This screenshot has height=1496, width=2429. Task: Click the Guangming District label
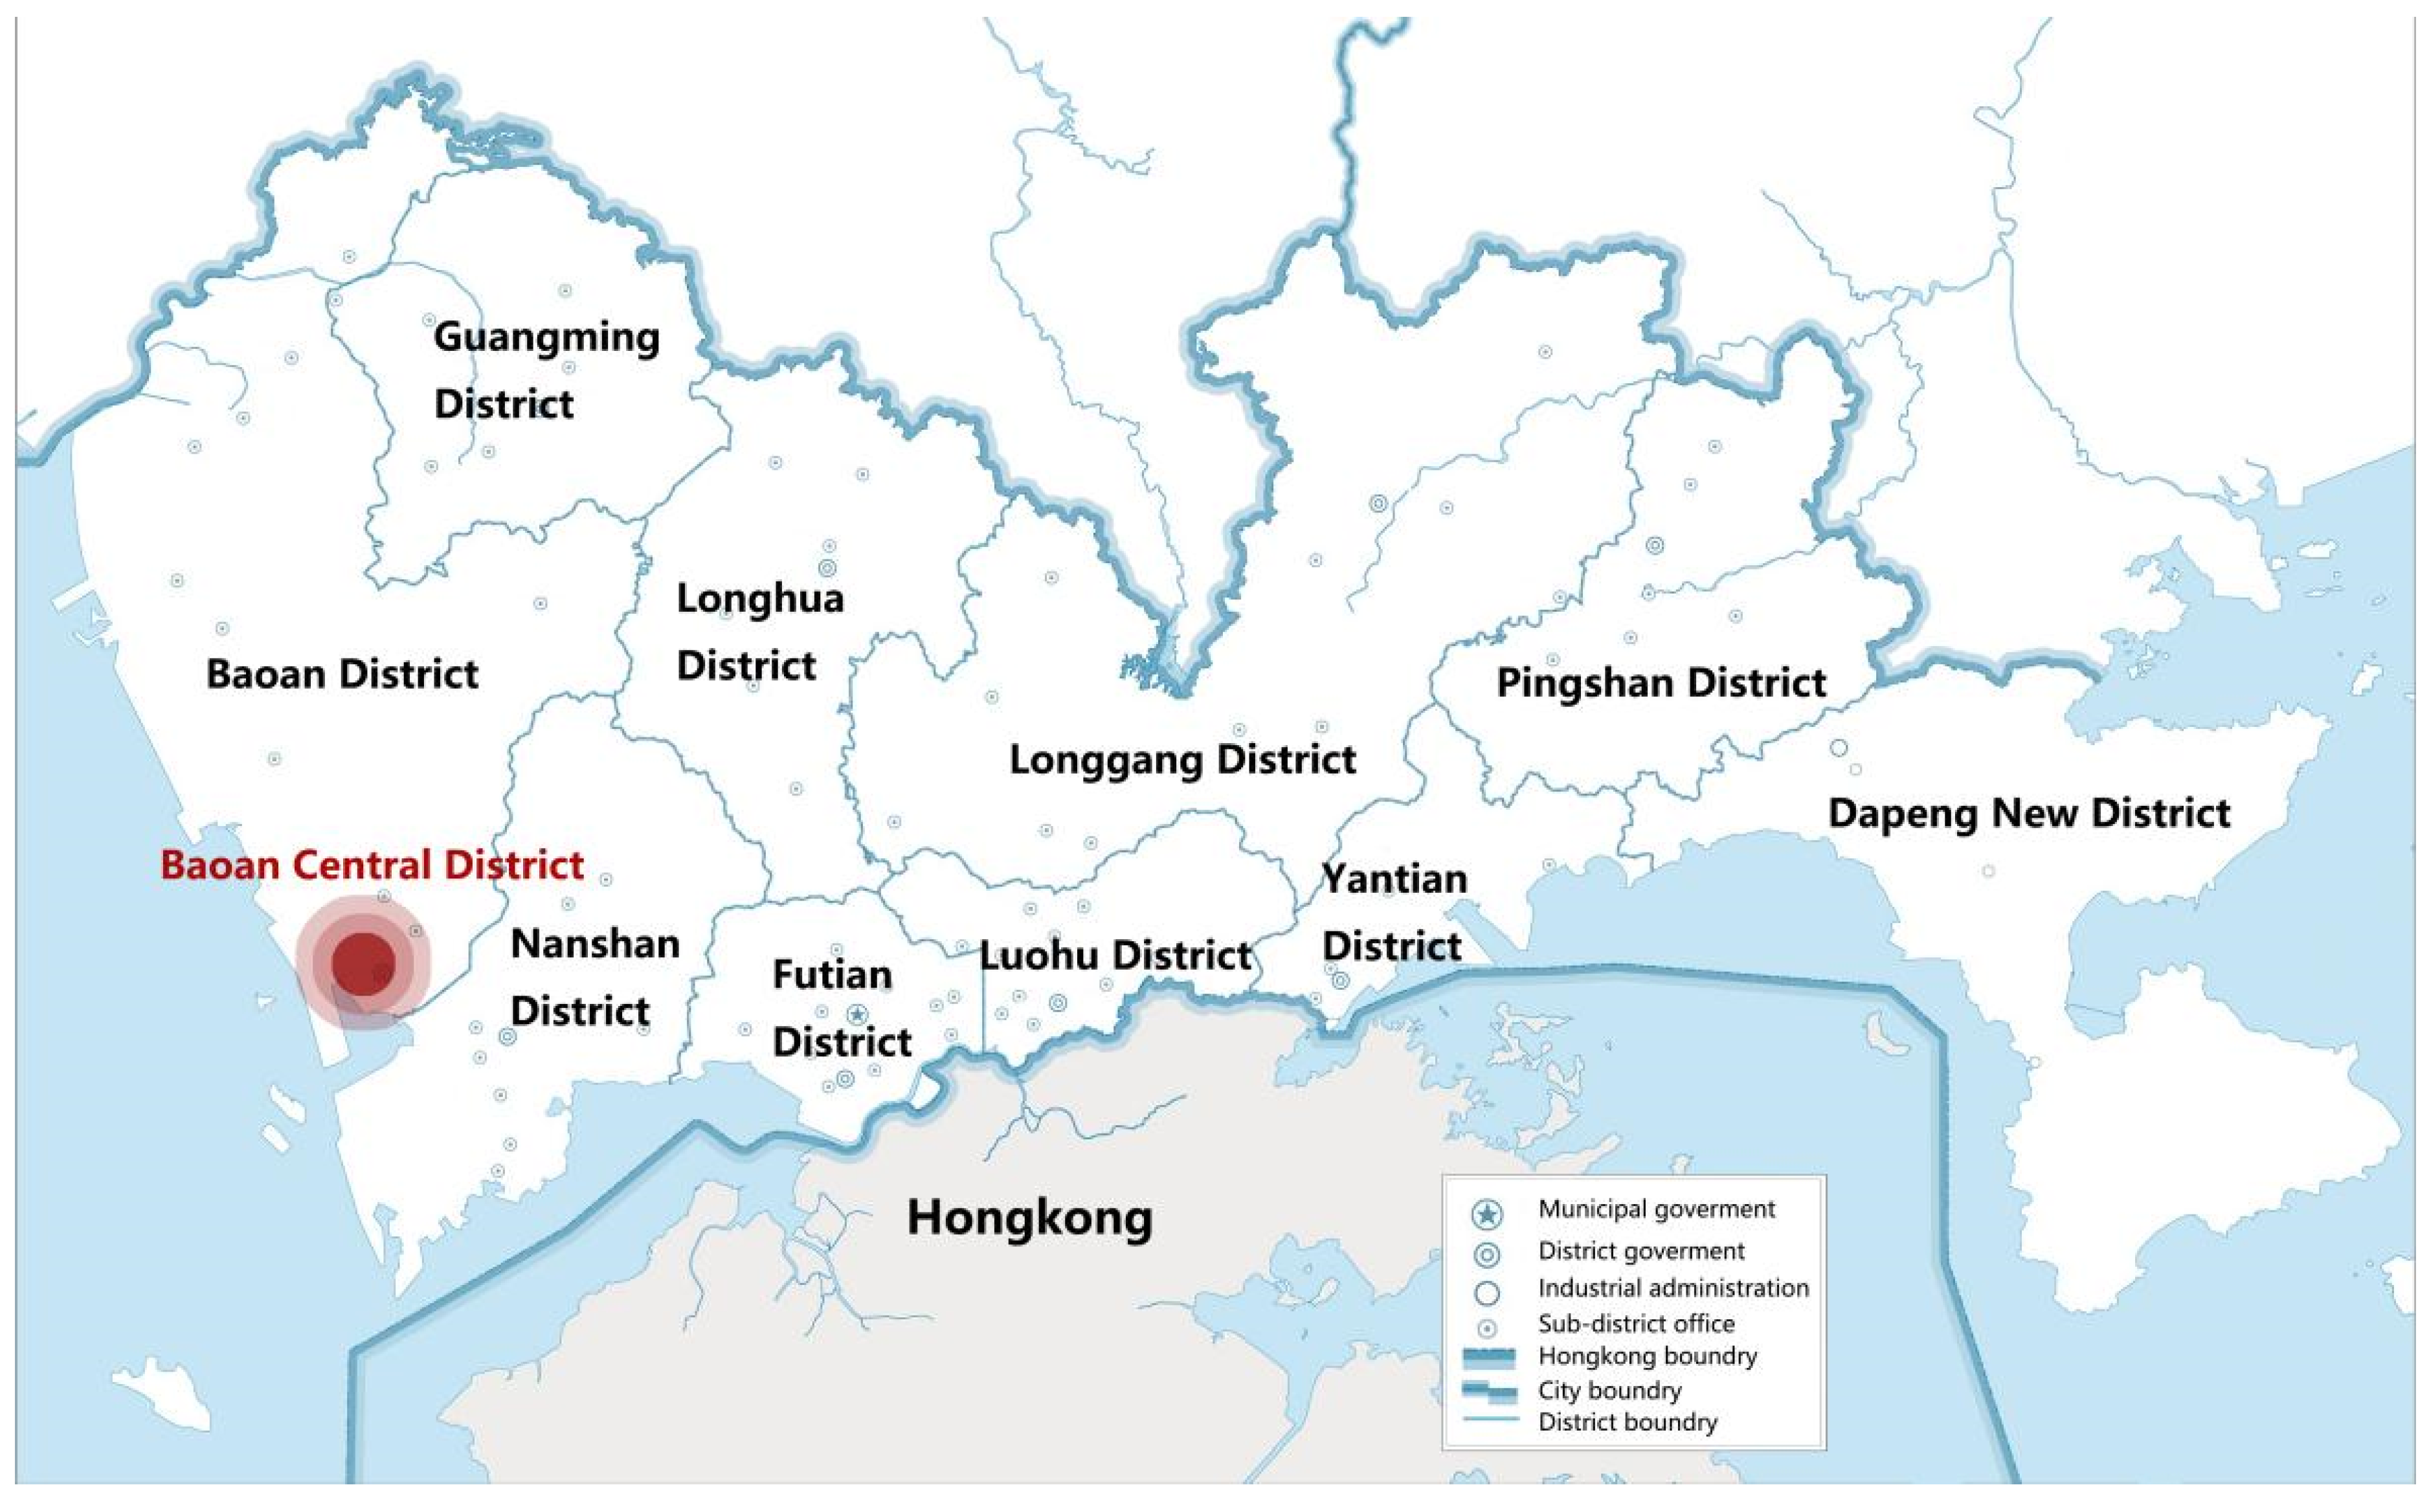546,370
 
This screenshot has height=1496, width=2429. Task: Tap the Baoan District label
342,675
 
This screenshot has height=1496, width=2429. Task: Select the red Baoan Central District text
372,865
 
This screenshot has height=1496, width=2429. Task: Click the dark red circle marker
363,963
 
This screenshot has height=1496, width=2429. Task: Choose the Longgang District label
1182,760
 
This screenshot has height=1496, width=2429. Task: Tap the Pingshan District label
1661,683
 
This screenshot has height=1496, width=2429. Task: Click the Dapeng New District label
2028,813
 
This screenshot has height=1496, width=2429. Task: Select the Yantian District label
1394,912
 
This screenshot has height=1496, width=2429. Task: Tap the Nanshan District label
595,977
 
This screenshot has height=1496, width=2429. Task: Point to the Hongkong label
1030,1218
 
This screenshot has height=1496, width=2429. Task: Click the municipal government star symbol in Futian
857,1014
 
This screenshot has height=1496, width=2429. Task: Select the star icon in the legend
1487,1213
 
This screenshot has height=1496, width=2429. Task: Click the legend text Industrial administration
1672,1288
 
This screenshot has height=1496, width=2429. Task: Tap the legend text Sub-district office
1635,1324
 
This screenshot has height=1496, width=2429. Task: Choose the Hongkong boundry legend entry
1646,1356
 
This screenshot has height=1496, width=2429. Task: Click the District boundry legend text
1627,1423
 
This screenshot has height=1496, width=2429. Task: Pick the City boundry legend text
1609,1391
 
